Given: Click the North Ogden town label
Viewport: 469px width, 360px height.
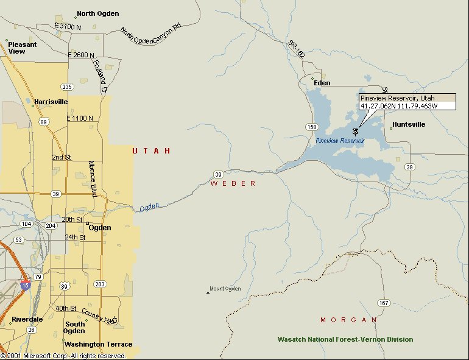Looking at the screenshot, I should point(97,13).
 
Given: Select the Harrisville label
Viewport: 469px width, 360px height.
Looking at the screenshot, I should point(51,102).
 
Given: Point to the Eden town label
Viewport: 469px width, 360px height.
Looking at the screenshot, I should point(322,83).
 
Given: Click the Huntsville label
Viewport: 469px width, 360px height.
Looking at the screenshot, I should point(409,124).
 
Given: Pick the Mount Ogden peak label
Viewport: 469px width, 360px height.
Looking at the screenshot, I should point(225,289).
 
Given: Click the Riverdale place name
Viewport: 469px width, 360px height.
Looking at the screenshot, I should point(27,319).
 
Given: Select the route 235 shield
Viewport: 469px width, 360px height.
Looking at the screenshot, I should point(67,86).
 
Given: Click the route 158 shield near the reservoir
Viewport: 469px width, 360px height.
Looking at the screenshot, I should point(312,127).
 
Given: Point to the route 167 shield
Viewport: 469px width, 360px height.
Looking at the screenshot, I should point(383,303).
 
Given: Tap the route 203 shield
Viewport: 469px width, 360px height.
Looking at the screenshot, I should point(100,284).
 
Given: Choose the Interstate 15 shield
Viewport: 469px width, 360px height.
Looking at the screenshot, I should point(25,284).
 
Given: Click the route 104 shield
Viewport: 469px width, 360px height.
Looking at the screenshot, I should point(26,224).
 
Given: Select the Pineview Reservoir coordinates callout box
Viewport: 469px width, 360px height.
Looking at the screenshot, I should point(406,102).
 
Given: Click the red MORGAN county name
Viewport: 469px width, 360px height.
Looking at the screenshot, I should point(349,320).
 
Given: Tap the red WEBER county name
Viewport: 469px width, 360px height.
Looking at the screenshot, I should point(233,183).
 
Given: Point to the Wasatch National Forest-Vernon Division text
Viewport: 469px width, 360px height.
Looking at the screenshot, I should point(345,339).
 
